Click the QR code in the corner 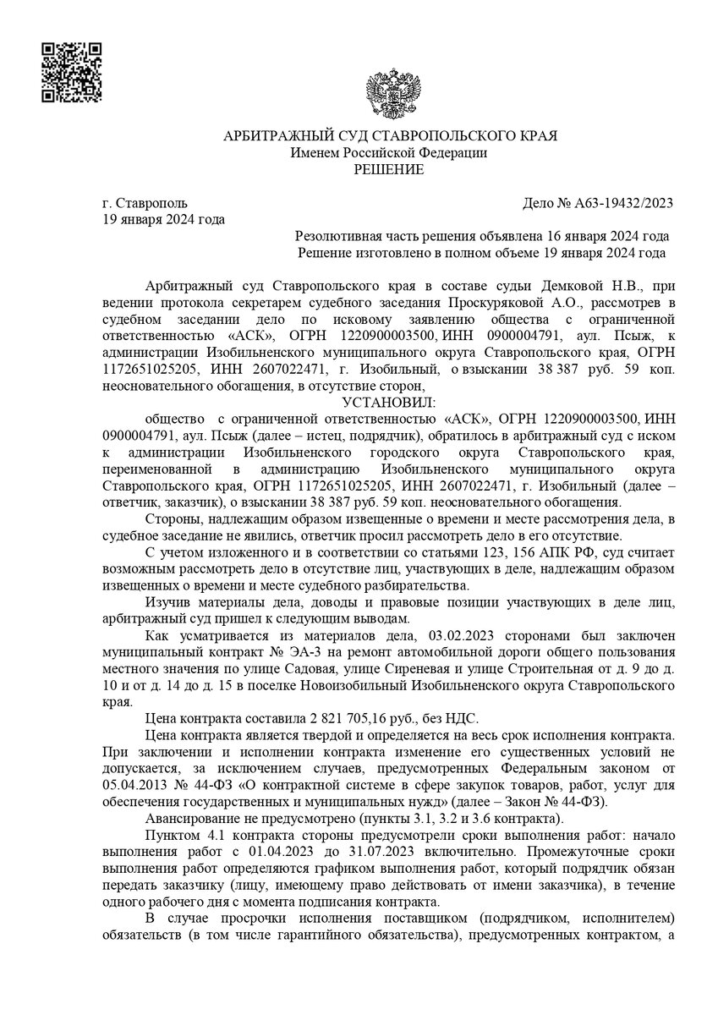72,70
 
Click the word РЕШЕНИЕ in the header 389,170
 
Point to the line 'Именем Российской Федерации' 389,153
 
